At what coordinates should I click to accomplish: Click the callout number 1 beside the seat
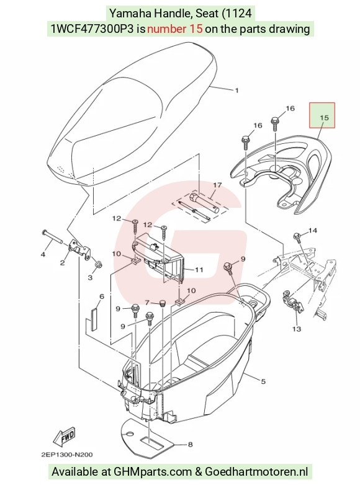pos(237,91)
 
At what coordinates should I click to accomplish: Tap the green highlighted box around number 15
pos(322,115)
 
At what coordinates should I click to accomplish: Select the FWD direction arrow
pos(65,437)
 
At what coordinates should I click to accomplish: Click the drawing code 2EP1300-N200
pos(67,455)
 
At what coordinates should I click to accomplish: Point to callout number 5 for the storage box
pos(263,381)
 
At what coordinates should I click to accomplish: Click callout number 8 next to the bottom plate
pos(190,445)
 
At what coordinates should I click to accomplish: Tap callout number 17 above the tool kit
pos(217,185)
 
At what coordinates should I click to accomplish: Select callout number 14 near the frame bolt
pos(313,231)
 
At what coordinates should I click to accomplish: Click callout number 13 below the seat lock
pos(297,329)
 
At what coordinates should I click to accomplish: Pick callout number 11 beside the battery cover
pos(199,270)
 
